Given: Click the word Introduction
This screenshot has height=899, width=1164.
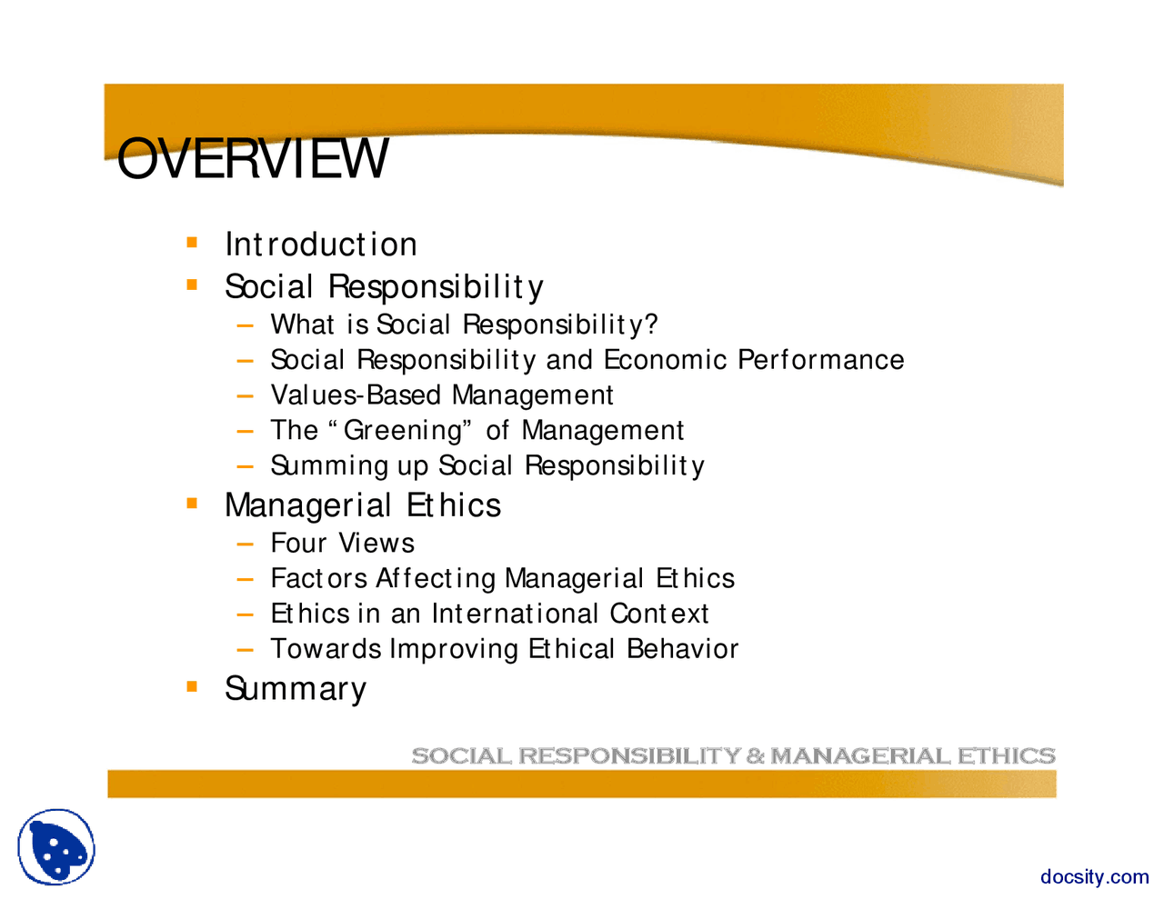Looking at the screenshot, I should (x=321, y=245).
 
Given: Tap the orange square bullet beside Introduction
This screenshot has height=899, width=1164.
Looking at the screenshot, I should (x=192, y=243).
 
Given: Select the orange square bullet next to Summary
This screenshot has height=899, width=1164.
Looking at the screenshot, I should (x=192, y=686).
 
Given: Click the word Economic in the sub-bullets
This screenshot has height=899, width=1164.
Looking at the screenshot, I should (x=666, y=360).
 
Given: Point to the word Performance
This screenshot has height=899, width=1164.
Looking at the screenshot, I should (x=820, y=360).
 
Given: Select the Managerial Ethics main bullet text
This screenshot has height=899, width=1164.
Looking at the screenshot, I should (x=362, y=505).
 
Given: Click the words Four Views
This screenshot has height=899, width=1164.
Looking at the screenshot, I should (x=342, y=544).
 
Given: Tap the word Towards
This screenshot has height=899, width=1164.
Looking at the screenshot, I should (x=326, y=649).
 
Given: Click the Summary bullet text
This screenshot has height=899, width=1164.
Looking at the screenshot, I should (x=296, y=689).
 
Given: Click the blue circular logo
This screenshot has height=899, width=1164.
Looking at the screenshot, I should (x=56, y=847).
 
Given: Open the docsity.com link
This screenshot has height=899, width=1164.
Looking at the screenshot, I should (x=1094, y=877).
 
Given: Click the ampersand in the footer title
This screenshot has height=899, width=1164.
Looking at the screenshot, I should (x=756, y=756).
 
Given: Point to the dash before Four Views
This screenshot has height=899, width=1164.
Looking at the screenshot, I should (x=244, y=544).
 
